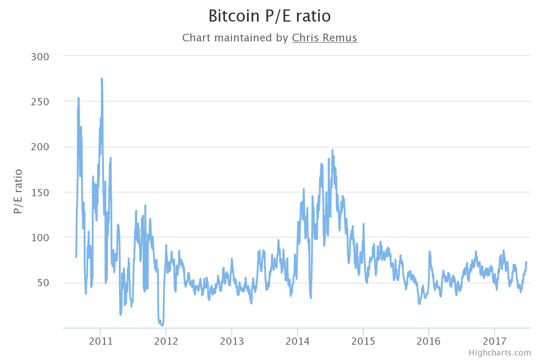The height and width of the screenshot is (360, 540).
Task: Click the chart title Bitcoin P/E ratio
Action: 270,16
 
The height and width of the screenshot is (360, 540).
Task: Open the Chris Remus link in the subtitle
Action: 324,38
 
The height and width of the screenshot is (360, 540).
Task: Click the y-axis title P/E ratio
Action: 18,191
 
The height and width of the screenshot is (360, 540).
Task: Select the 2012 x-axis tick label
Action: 166,341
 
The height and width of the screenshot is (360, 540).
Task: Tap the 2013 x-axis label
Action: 231,341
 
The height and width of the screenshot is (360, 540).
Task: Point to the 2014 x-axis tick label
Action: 297,341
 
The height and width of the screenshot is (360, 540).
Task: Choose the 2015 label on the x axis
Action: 363,341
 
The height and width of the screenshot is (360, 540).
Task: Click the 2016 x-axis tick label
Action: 428,341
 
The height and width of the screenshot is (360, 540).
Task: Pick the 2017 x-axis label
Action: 494,341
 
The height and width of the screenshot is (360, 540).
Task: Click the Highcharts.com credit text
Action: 499,353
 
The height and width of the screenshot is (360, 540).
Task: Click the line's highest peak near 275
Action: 102,79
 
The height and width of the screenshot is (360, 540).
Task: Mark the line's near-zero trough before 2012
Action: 162,325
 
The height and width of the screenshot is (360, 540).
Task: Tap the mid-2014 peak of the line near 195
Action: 332,150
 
